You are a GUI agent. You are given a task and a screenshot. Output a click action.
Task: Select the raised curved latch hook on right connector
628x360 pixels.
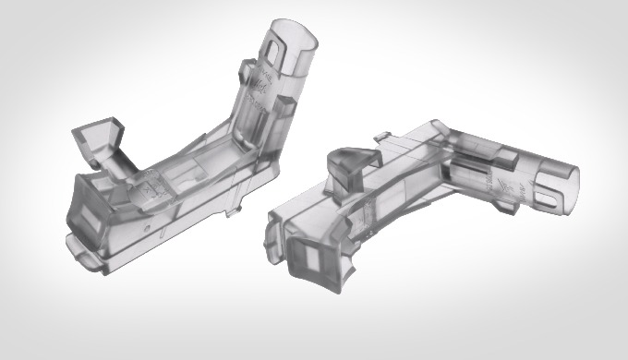[x=351, y=164]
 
